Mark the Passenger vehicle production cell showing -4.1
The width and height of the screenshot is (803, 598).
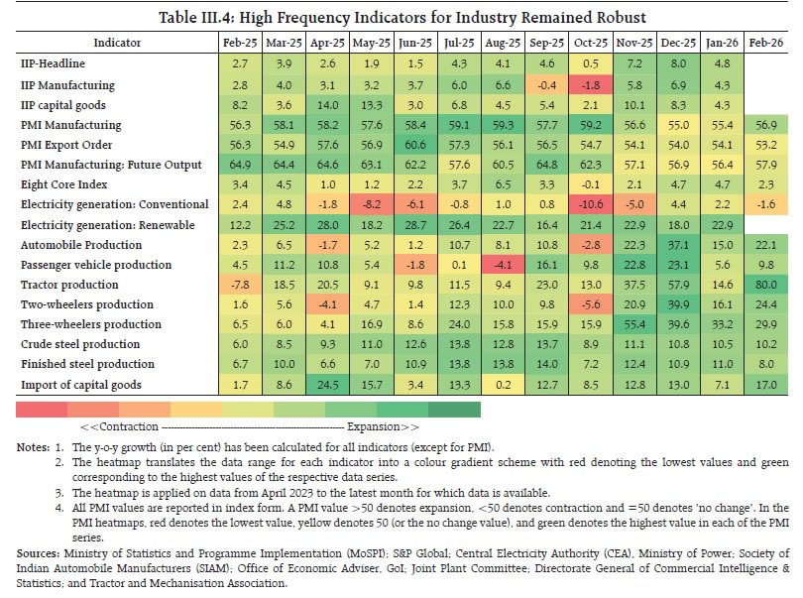tap(501, 266)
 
